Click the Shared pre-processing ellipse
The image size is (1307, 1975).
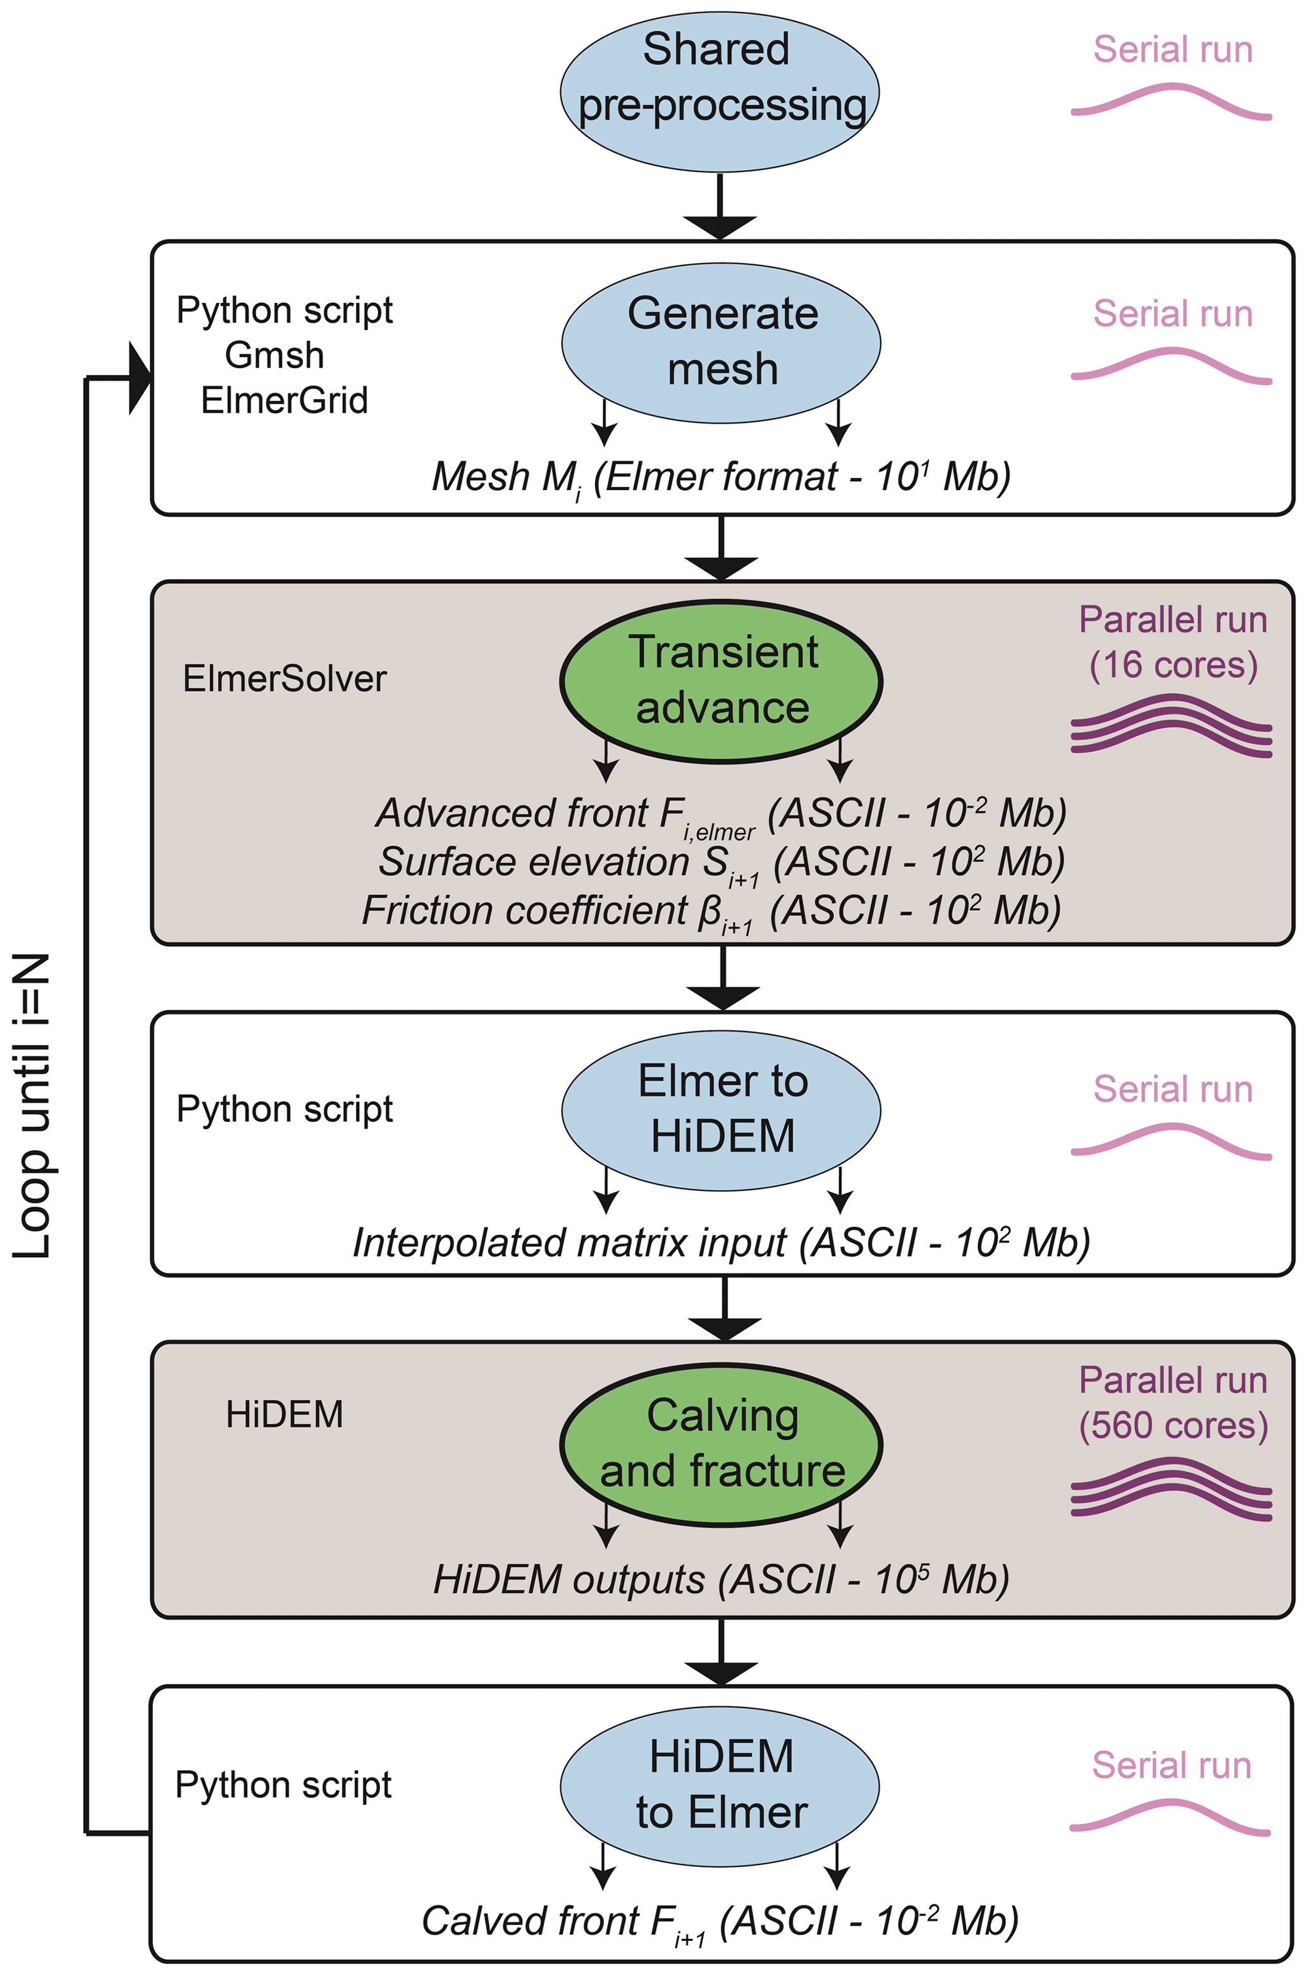click(720, 92)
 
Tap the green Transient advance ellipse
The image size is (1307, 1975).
click(721, 680)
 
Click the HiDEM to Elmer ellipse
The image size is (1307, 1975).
click(720, 1786)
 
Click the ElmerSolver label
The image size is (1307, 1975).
click(285, 679)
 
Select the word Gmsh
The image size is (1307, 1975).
click(274, 355)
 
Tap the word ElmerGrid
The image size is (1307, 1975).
click(285, 400)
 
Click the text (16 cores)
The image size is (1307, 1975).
click(1173, 665)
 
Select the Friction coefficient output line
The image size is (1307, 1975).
click(711, 911)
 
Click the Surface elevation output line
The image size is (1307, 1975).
click(721, 863)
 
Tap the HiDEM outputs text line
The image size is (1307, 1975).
click(721, 1580)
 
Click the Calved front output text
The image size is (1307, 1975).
click(720, 1921)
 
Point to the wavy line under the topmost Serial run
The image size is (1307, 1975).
click(1171, 102)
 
